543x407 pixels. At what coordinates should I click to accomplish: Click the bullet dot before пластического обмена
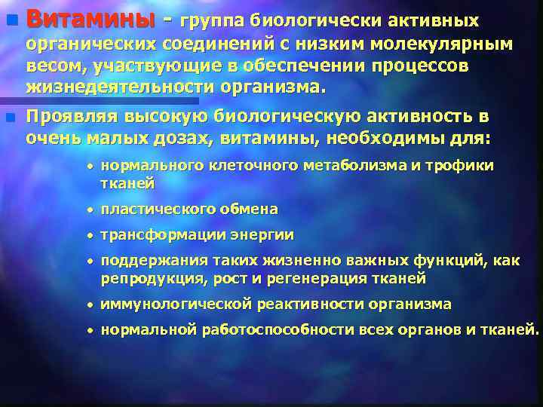pyautogui.click(x=90, y=210)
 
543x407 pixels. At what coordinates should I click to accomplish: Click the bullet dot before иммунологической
pyautogui.click(x=90, y=305)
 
